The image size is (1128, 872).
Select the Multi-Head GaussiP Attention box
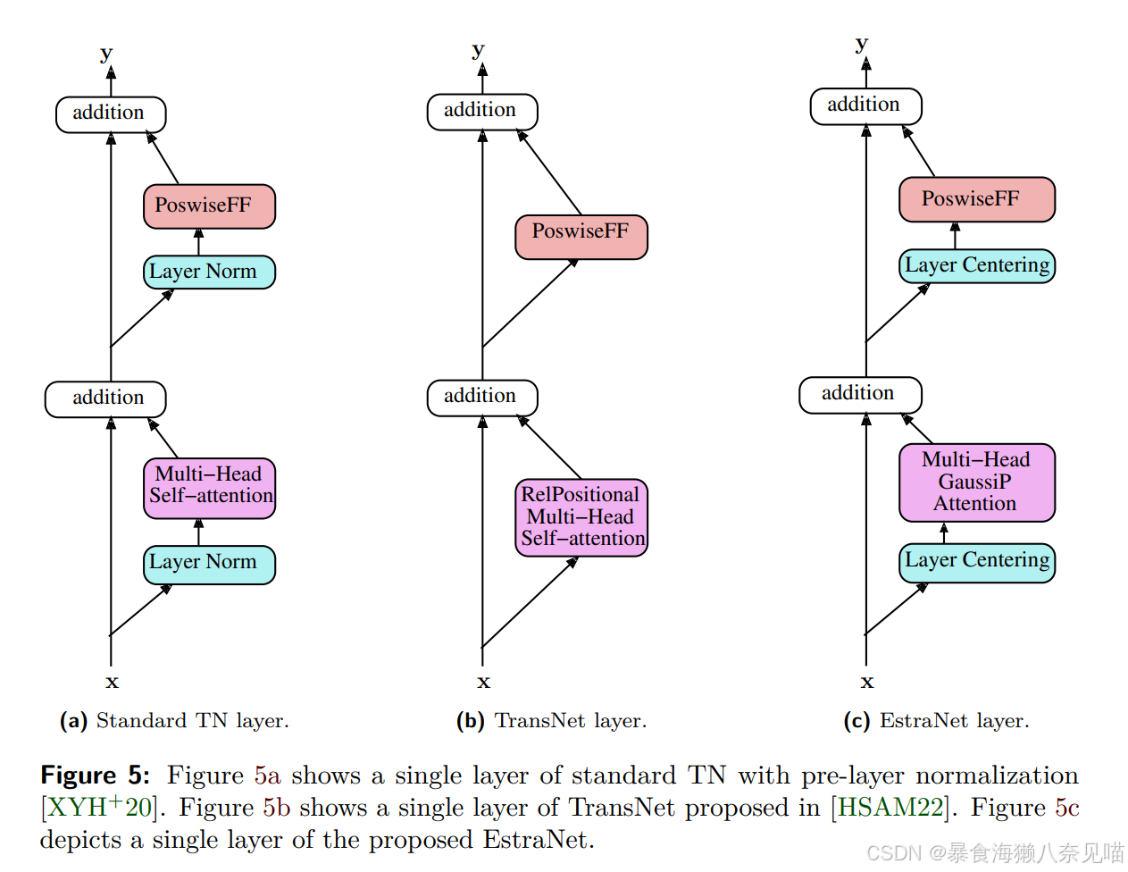coord(976,482)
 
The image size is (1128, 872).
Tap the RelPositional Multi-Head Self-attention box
coord(581,517)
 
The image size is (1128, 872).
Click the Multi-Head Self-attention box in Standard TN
coord(209,488)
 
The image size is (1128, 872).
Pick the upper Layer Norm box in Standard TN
coord(209,272)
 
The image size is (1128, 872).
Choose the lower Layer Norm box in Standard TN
coord(209,564)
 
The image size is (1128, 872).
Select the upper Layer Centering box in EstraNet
coord(976,266)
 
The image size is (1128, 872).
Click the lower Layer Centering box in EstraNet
coord(976,562)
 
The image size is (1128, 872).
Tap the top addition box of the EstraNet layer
coord(865,105)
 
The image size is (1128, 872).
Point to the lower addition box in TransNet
coord(481,397)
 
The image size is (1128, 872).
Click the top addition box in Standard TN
coord(111,113)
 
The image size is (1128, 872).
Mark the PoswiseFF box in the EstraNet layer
coord(976,199)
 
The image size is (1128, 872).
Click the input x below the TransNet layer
coord(483,682)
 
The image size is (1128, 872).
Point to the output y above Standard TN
coord(107,53)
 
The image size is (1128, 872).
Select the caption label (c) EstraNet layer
coord(936,721)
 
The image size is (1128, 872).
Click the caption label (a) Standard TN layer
coord(174,721)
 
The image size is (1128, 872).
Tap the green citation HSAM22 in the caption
coord(890,808)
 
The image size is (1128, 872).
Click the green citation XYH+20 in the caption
coord(99,808)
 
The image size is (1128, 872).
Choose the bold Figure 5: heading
coord(96,776)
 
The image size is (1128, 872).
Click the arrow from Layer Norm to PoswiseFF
coord(198,242)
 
